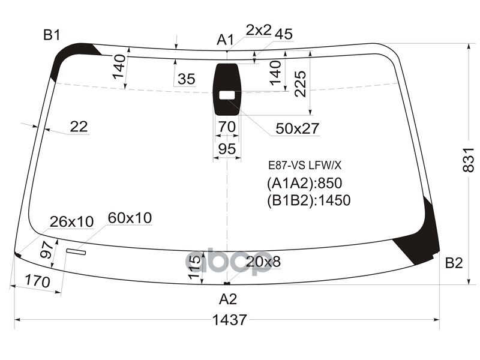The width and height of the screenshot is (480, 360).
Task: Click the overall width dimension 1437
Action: tap(229, 320)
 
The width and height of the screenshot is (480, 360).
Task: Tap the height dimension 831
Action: tap(470, 160)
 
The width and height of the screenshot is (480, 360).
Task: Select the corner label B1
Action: tap(52, 35)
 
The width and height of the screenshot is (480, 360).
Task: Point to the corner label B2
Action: tap(454, 263)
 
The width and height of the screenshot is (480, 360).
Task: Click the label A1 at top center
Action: tap(225, 40)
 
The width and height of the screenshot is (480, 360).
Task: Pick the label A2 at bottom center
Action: tap(228, 299)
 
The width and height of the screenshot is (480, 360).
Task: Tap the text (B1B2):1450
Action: tap(308, 200)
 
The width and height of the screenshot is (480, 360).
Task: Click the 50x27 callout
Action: tap(297, 128)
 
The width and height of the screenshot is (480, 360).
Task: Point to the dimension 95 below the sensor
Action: tap(227, 149)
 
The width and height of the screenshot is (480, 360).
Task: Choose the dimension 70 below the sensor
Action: tap(227, 127)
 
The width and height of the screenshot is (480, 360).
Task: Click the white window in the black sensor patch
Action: tap(227, 95)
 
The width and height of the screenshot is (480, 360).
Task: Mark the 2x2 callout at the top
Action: tap(259, 30)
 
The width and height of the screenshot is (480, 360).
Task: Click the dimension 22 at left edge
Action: tap(79, 127)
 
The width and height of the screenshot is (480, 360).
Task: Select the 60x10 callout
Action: tap(130, 217)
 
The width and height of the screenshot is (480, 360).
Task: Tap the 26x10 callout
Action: tap(71, 222)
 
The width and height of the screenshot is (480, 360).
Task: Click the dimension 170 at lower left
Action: tap(36, 280)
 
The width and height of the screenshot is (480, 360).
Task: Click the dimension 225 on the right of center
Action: tap(301, 83)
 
